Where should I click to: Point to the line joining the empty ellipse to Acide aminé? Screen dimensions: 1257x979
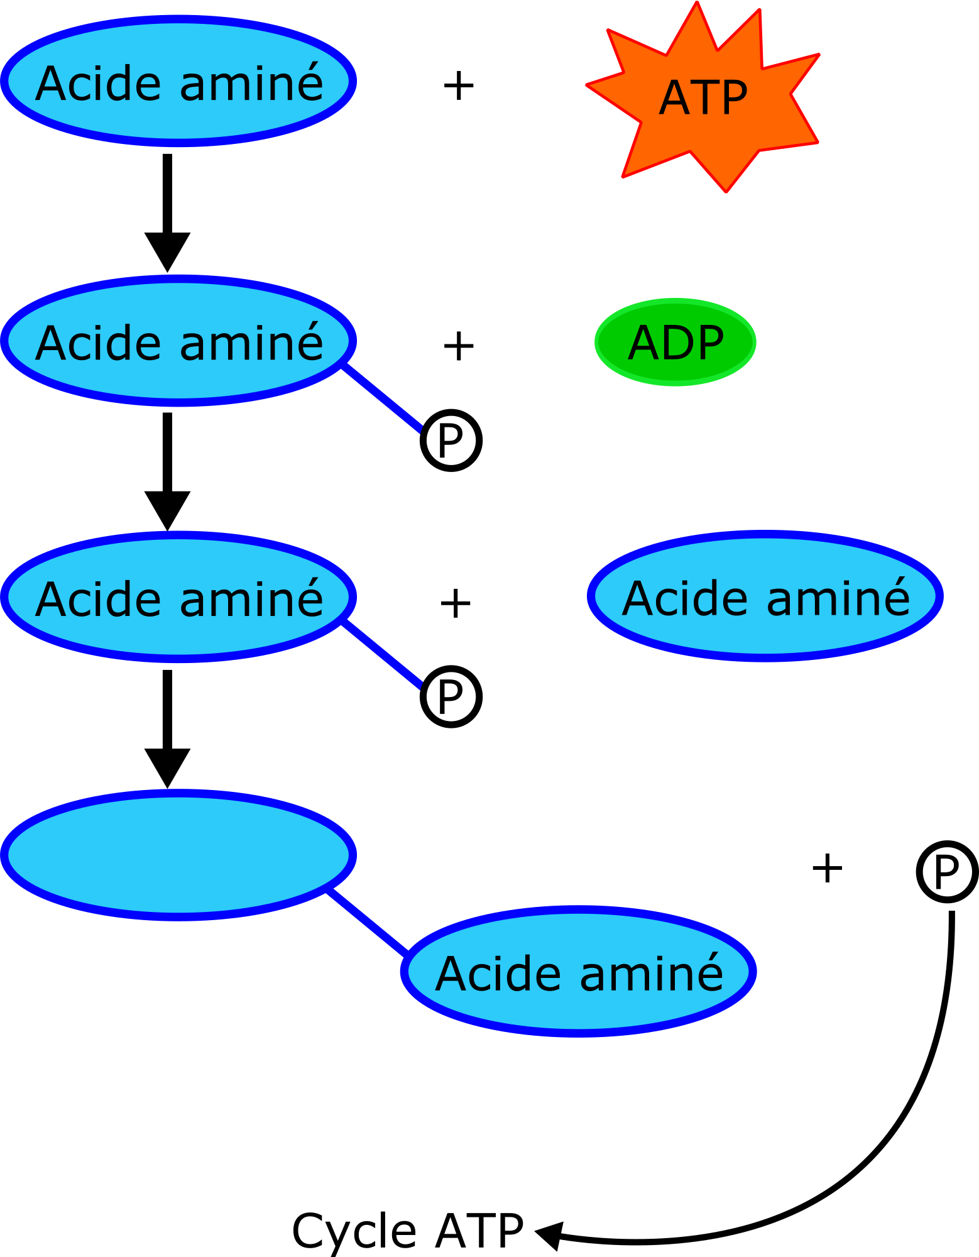[x=368, y=922]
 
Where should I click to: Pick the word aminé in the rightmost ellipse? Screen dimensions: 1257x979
[x=838, y=598]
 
